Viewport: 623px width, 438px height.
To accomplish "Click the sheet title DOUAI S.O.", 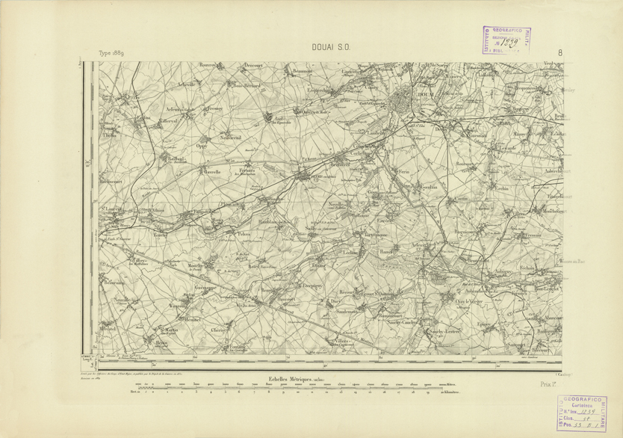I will point(331,48).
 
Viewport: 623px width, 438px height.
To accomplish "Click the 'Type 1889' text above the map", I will point(114,54).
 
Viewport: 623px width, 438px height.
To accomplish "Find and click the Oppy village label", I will point(201,146).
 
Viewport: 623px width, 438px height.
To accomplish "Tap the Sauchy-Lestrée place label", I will point(444,329).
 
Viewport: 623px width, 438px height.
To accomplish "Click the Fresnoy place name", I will point(217,109).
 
